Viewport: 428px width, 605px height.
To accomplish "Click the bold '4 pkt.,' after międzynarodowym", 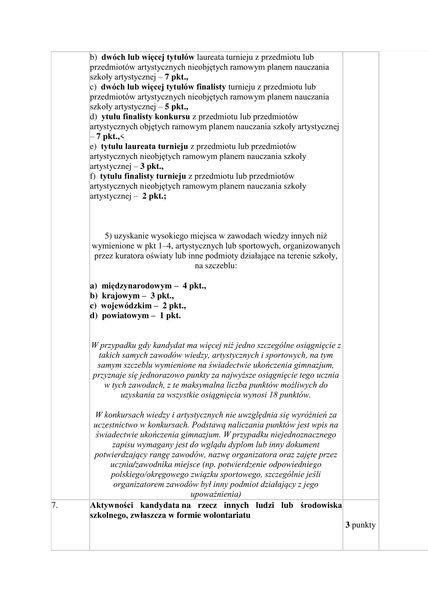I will pyautogui.click(x=194, y=286).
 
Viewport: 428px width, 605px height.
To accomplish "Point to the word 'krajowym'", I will pyautogui.click(x=121, y=296).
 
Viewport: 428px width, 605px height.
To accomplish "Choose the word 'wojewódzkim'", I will pyautogui.click(x=127, y=306).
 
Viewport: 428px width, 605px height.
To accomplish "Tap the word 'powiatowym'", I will pyautogui.click(x=126, y=316).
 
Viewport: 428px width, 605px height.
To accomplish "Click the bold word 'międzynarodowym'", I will pyautogui.click(x=137, y=286).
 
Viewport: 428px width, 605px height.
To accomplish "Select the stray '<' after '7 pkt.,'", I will pyautogui.click(x=122, y=137).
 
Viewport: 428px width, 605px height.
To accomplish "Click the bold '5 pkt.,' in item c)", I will pyautogui.click(x=176, y=107).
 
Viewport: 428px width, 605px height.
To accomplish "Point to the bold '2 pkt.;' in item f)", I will pyautogui.click(x=154, y=196).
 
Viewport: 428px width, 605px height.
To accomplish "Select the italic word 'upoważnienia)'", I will pyautogui.click(x=216, y=494).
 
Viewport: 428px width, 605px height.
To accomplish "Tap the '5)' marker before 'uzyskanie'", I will pyautogui.click(x=108, y=236).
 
